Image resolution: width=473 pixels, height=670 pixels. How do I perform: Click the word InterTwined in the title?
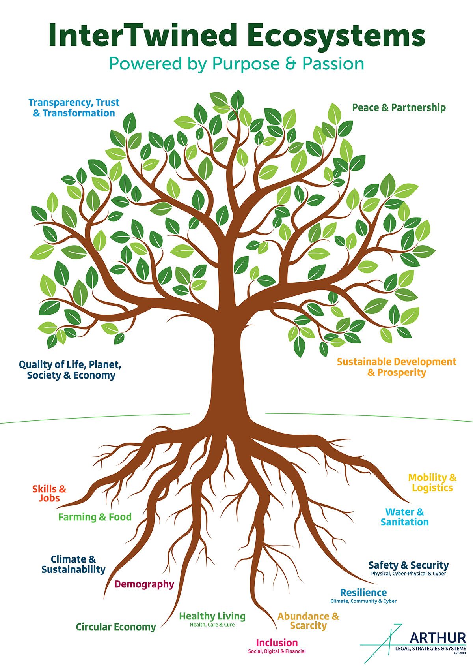(x=142, y=36)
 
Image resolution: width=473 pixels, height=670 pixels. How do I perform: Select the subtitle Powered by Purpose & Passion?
(x=236, y=64)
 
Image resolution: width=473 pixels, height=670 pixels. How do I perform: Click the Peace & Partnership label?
(x=399, y=107)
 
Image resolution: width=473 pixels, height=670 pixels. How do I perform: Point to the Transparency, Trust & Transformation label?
(x=74, y=108)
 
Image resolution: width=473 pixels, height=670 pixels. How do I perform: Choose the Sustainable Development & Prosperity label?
(x=397, y=367)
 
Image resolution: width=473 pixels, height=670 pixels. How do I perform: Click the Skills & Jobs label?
(x=49, y=494)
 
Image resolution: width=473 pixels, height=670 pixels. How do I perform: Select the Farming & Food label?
(x=95, y=517)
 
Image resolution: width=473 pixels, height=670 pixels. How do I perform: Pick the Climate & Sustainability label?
(x=73, y=564)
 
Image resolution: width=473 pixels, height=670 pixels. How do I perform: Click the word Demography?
(x=144, y=584)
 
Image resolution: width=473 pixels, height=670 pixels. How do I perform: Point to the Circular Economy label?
(x=116, y=627)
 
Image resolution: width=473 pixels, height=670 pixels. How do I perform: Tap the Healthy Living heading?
(x=212, y=616)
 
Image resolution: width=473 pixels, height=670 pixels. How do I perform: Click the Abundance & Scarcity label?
(x=308, y=621)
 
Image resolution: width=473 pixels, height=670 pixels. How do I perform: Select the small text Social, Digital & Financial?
(x=277, y=651)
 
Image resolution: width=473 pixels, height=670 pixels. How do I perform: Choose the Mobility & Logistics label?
(x=432, y=482)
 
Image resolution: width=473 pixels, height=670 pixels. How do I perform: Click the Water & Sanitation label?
(x=405, y=517)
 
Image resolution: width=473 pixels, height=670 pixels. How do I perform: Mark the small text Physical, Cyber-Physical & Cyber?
(x=408, y=574)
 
